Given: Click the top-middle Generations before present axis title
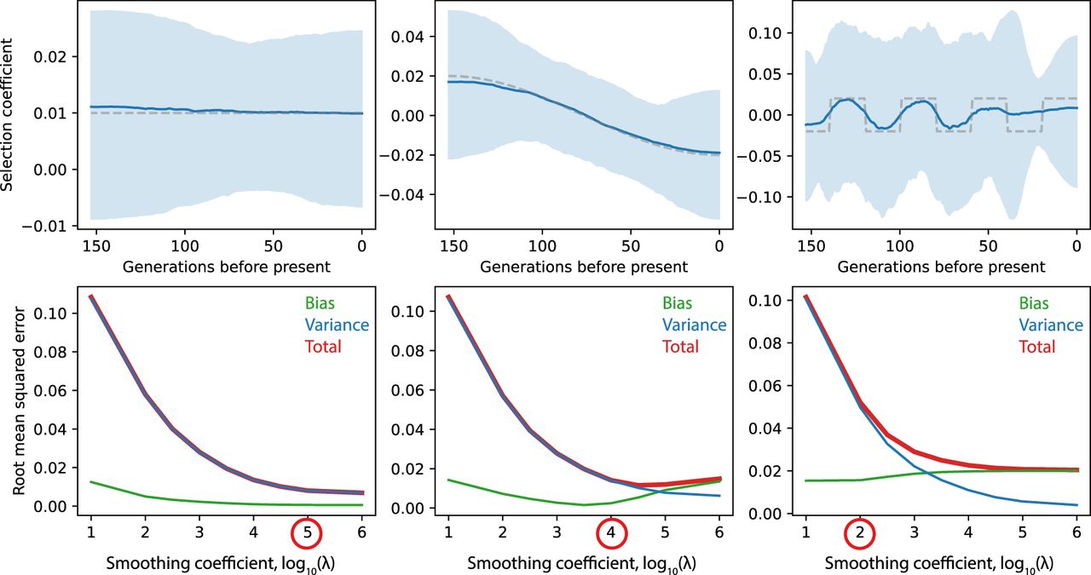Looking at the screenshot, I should tap(584, 267).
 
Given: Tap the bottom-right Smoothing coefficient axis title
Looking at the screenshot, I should tap(941, 562).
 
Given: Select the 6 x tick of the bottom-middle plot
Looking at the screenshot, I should tap(719, 532).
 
